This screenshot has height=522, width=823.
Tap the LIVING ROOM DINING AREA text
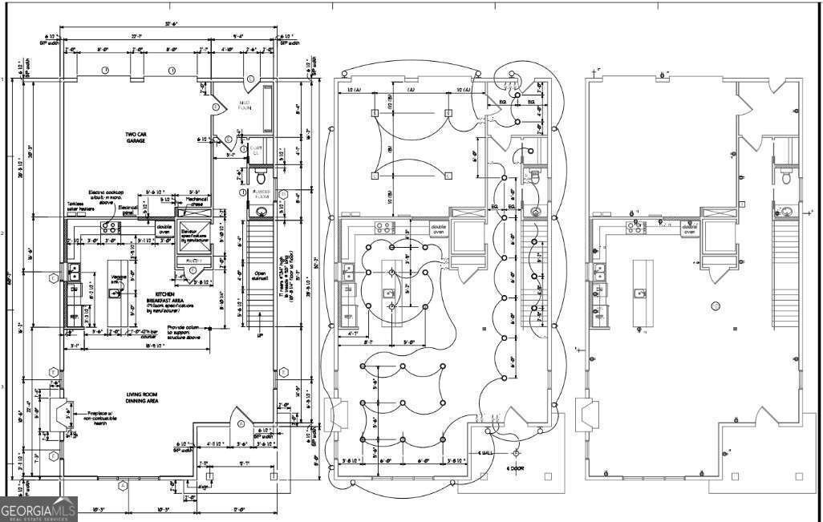pos(145,397)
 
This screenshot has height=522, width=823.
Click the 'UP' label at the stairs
pos(259,336)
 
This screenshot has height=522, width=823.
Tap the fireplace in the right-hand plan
pos(591,413)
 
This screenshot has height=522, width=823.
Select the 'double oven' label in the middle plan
pos(439,228)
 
